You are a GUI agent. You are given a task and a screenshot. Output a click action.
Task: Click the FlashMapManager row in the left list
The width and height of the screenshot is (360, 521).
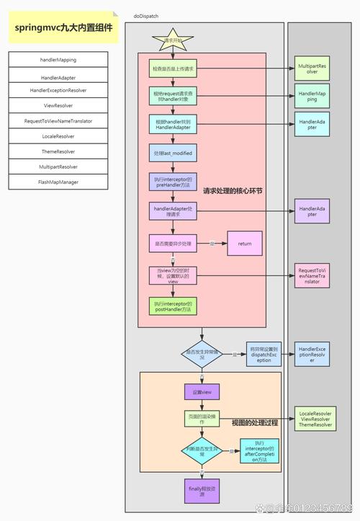pos(58,182)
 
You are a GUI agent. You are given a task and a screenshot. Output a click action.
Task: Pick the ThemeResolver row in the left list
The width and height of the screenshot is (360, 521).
pos(58,151)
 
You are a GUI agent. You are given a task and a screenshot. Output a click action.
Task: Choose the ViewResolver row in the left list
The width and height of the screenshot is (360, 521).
pos(58,105)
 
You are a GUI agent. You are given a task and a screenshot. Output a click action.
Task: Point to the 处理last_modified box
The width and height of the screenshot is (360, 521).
pos(173,154)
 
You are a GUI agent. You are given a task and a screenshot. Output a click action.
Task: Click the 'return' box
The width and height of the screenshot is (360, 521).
pos(245,244)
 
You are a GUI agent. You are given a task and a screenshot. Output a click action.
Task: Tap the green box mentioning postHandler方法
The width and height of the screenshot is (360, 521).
pos(173,307)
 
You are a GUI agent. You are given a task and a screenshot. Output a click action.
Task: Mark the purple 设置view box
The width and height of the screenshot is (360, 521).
pos(202,391)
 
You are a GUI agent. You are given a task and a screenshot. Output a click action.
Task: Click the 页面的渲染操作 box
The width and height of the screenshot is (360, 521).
pos(202,419)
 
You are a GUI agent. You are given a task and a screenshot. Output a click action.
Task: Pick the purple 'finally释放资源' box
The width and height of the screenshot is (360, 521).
pos(202,491)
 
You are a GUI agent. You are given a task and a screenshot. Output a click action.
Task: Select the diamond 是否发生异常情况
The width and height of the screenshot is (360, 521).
pos(202,354)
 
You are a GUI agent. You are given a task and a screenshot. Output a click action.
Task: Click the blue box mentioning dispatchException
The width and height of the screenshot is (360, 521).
pos(264,355)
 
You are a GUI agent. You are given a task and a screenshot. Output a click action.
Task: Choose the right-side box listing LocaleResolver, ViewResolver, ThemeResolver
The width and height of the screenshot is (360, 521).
pos(315,419)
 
